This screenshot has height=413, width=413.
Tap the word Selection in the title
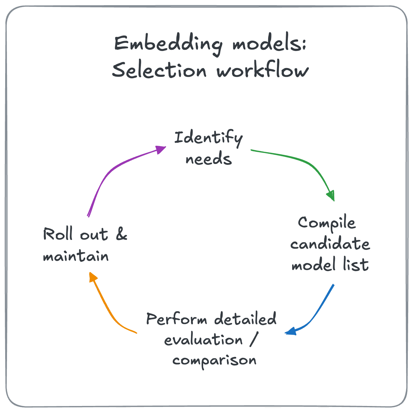[x=159, y=70]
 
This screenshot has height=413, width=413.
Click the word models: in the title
[x=269, y=44]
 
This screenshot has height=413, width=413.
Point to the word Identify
[x=208, y=138]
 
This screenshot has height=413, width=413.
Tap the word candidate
[x=330, y=244]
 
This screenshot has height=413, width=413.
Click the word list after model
[x=356, y=264]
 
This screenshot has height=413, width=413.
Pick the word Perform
[x=177, y=319]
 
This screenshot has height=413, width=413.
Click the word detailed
[x=245, y=319]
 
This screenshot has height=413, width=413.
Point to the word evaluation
[x=203, y=340]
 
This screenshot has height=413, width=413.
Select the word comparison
[x=214, y=361]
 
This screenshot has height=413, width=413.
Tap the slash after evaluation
[x=253, y=340]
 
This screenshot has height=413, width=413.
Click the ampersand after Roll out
[x=121, y=234]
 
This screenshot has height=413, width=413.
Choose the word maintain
[x=76, y=256]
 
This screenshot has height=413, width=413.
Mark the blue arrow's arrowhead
[x=291, y=331]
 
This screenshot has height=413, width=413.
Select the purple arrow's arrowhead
[x=160, y=149]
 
